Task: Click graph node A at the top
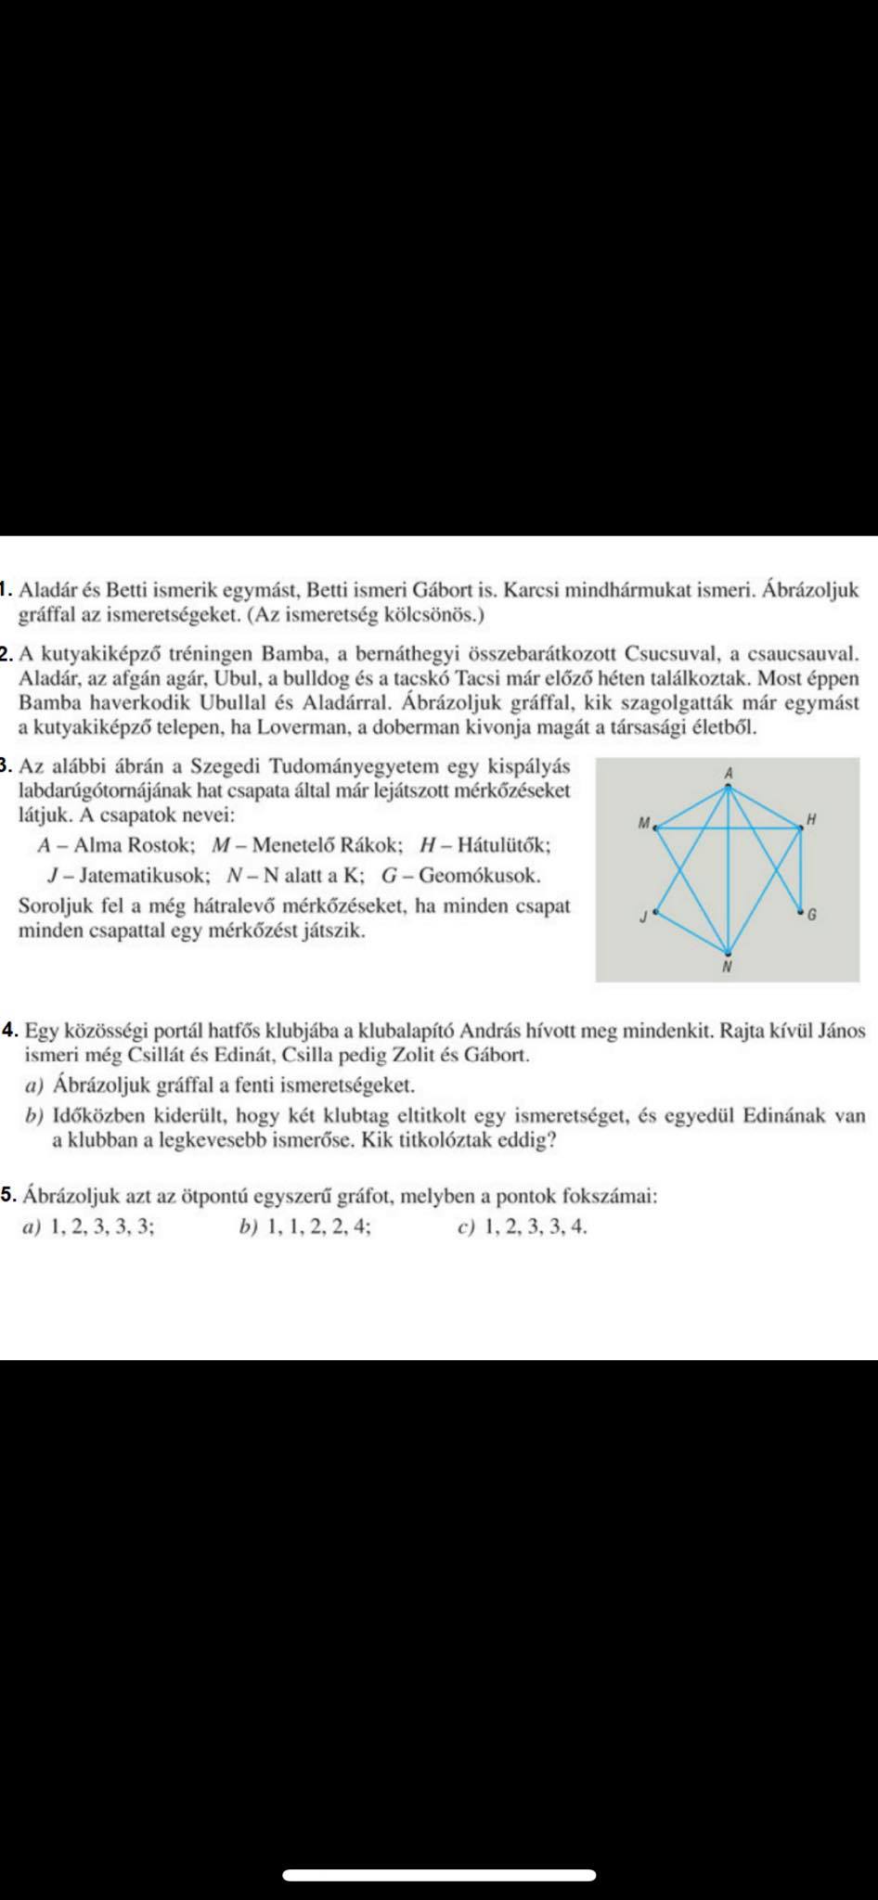729,788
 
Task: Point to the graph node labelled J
656,913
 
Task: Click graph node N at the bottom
728,953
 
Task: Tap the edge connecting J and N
691,932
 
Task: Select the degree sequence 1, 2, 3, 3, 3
103,1226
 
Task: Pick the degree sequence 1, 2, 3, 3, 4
536,1226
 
